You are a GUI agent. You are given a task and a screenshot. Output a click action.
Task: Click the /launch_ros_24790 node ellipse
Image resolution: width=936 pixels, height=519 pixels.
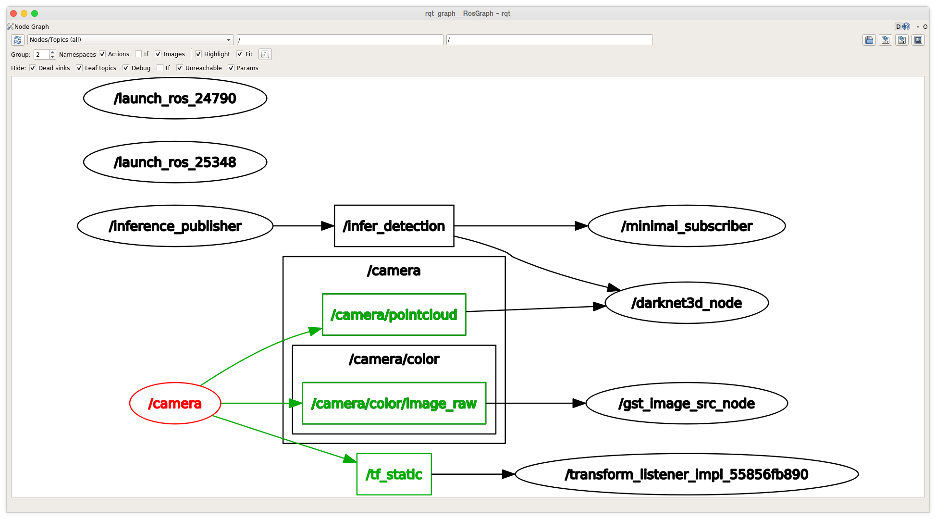175,99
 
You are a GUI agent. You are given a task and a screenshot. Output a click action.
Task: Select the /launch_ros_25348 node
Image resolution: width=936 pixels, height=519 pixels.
175,162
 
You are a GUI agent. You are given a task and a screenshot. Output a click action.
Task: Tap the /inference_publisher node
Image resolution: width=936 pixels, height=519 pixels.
175,226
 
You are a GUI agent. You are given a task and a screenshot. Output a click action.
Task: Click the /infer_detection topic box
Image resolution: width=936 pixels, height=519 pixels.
394,226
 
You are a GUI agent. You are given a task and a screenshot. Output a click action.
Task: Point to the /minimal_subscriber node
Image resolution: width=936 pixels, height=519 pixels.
687,226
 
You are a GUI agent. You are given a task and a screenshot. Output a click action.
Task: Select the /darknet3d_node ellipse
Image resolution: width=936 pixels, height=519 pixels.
687,303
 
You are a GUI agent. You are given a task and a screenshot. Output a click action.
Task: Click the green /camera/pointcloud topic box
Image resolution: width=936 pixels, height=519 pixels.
394,315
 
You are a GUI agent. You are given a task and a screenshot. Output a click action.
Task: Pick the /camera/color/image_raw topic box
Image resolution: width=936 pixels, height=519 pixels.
394,404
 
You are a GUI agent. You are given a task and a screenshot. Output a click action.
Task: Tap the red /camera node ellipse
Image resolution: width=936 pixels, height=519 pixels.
175,404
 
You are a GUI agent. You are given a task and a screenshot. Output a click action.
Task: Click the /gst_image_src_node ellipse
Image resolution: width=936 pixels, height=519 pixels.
687,404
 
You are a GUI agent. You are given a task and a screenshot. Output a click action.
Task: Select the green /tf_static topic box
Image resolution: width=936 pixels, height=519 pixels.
394,474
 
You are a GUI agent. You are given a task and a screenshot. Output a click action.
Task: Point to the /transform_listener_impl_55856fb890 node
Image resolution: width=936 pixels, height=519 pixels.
687,474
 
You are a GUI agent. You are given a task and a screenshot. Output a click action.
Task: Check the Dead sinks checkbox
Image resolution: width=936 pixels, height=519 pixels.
33,68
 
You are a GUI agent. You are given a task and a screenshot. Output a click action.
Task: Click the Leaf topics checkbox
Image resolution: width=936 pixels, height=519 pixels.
79,68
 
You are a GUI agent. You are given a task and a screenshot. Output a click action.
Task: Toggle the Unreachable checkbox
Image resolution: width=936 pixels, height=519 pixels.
180,68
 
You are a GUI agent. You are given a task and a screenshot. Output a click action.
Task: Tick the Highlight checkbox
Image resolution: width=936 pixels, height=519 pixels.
198,54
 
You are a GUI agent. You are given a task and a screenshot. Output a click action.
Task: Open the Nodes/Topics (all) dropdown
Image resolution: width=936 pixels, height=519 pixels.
130,40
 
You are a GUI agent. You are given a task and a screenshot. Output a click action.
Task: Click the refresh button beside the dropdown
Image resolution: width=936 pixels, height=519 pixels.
18,40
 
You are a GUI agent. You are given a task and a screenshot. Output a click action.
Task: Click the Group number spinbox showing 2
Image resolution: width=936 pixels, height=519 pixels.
45,54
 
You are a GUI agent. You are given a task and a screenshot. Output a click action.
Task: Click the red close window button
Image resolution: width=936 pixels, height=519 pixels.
13,13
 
